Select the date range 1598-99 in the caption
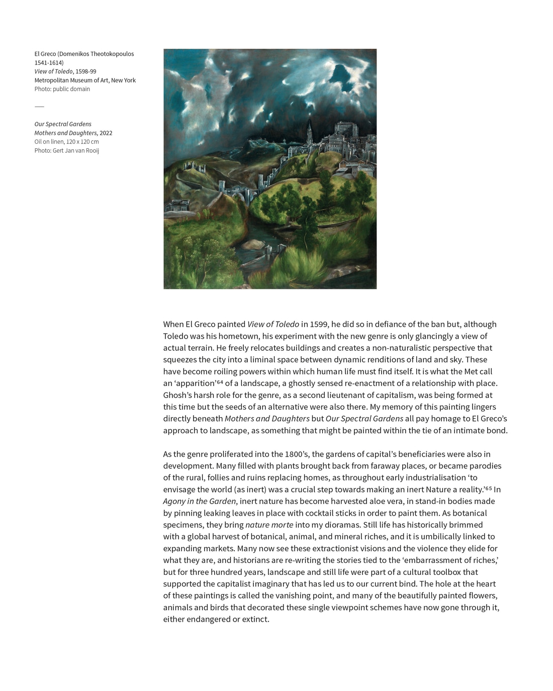[86, 71]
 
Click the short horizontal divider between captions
[39, 107]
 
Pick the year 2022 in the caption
[106, 133]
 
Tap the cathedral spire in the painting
[309, 132]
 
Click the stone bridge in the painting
[236, 193]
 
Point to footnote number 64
[220, 382]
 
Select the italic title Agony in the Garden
[200, 501]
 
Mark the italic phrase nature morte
[269, 525]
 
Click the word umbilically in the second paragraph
[447, 536]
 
